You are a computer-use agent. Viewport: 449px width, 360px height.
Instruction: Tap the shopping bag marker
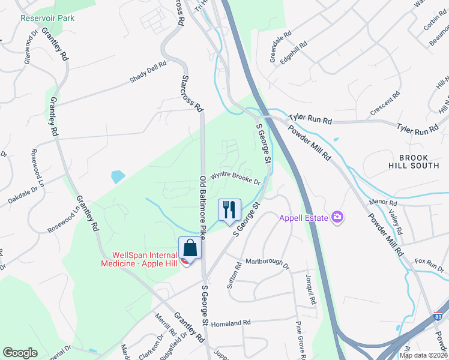point(190,248)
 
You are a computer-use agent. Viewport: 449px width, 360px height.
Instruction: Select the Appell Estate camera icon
point(338,217)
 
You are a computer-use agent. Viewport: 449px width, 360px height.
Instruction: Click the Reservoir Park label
point(47,18)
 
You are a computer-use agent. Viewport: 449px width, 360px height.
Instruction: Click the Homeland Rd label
point(231,323)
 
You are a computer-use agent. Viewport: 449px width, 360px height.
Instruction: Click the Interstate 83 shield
point(439,316)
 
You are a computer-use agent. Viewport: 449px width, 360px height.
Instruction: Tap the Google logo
point(20,353)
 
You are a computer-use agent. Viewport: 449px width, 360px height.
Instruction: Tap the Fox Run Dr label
point(429,262)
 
